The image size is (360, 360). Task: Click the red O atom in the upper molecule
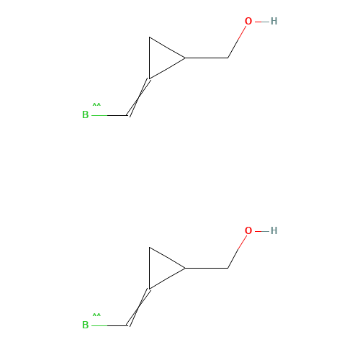[x=248, y=22]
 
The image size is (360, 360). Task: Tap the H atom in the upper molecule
[x=274, y=22]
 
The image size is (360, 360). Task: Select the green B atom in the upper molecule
[x=85, y=114]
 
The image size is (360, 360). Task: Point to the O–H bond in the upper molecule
[x=261, y=22]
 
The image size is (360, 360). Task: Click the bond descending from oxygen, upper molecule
[x=237, y=40]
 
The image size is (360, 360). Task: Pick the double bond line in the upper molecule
[x=140, y=96]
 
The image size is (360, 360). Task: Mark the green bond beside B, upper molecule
[x=99, y=114]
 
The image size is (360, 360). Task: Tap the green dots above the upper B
[x=96, y=105]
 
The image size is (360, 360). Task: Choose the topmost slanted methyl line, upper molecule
[x=167, y=48]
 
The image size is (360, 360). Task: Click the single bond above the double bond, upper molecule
[x=167, y=68]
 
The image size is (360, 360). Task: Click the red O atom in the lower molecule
[x=248, y=231]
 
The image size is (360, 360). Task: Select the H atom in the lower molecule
[x=274, y=231]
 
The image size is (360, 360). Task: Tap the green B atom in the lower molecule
[x=85, y=325]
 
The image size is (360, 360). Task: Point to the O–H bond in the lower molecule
[x=261, y=231]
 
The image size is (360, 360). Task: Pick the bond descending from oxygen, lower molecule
[x=237, y=250]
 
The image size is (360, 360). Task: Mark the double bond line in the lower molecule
[x=140, y=307]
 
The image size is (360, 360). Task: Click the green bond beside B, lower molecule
[x=99, y=325]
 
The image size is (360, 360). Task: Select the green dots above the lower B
[x=96, y=315]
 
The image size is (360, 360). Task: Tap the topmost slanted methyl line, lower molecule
[x=167, y=258]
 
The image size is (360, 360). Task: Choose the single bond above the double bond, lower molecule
[x=167, y=279]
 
